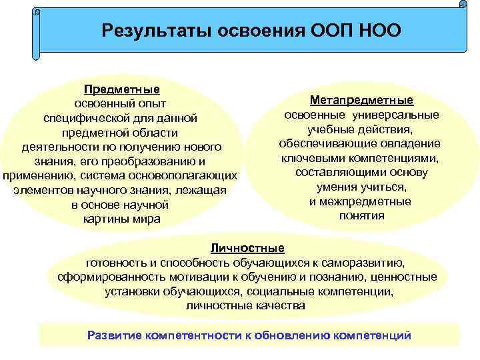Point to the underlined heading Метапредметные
pos(361,100)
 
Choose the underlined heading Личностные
pos(247,248)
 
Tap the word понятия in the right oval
pos(361,216)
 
